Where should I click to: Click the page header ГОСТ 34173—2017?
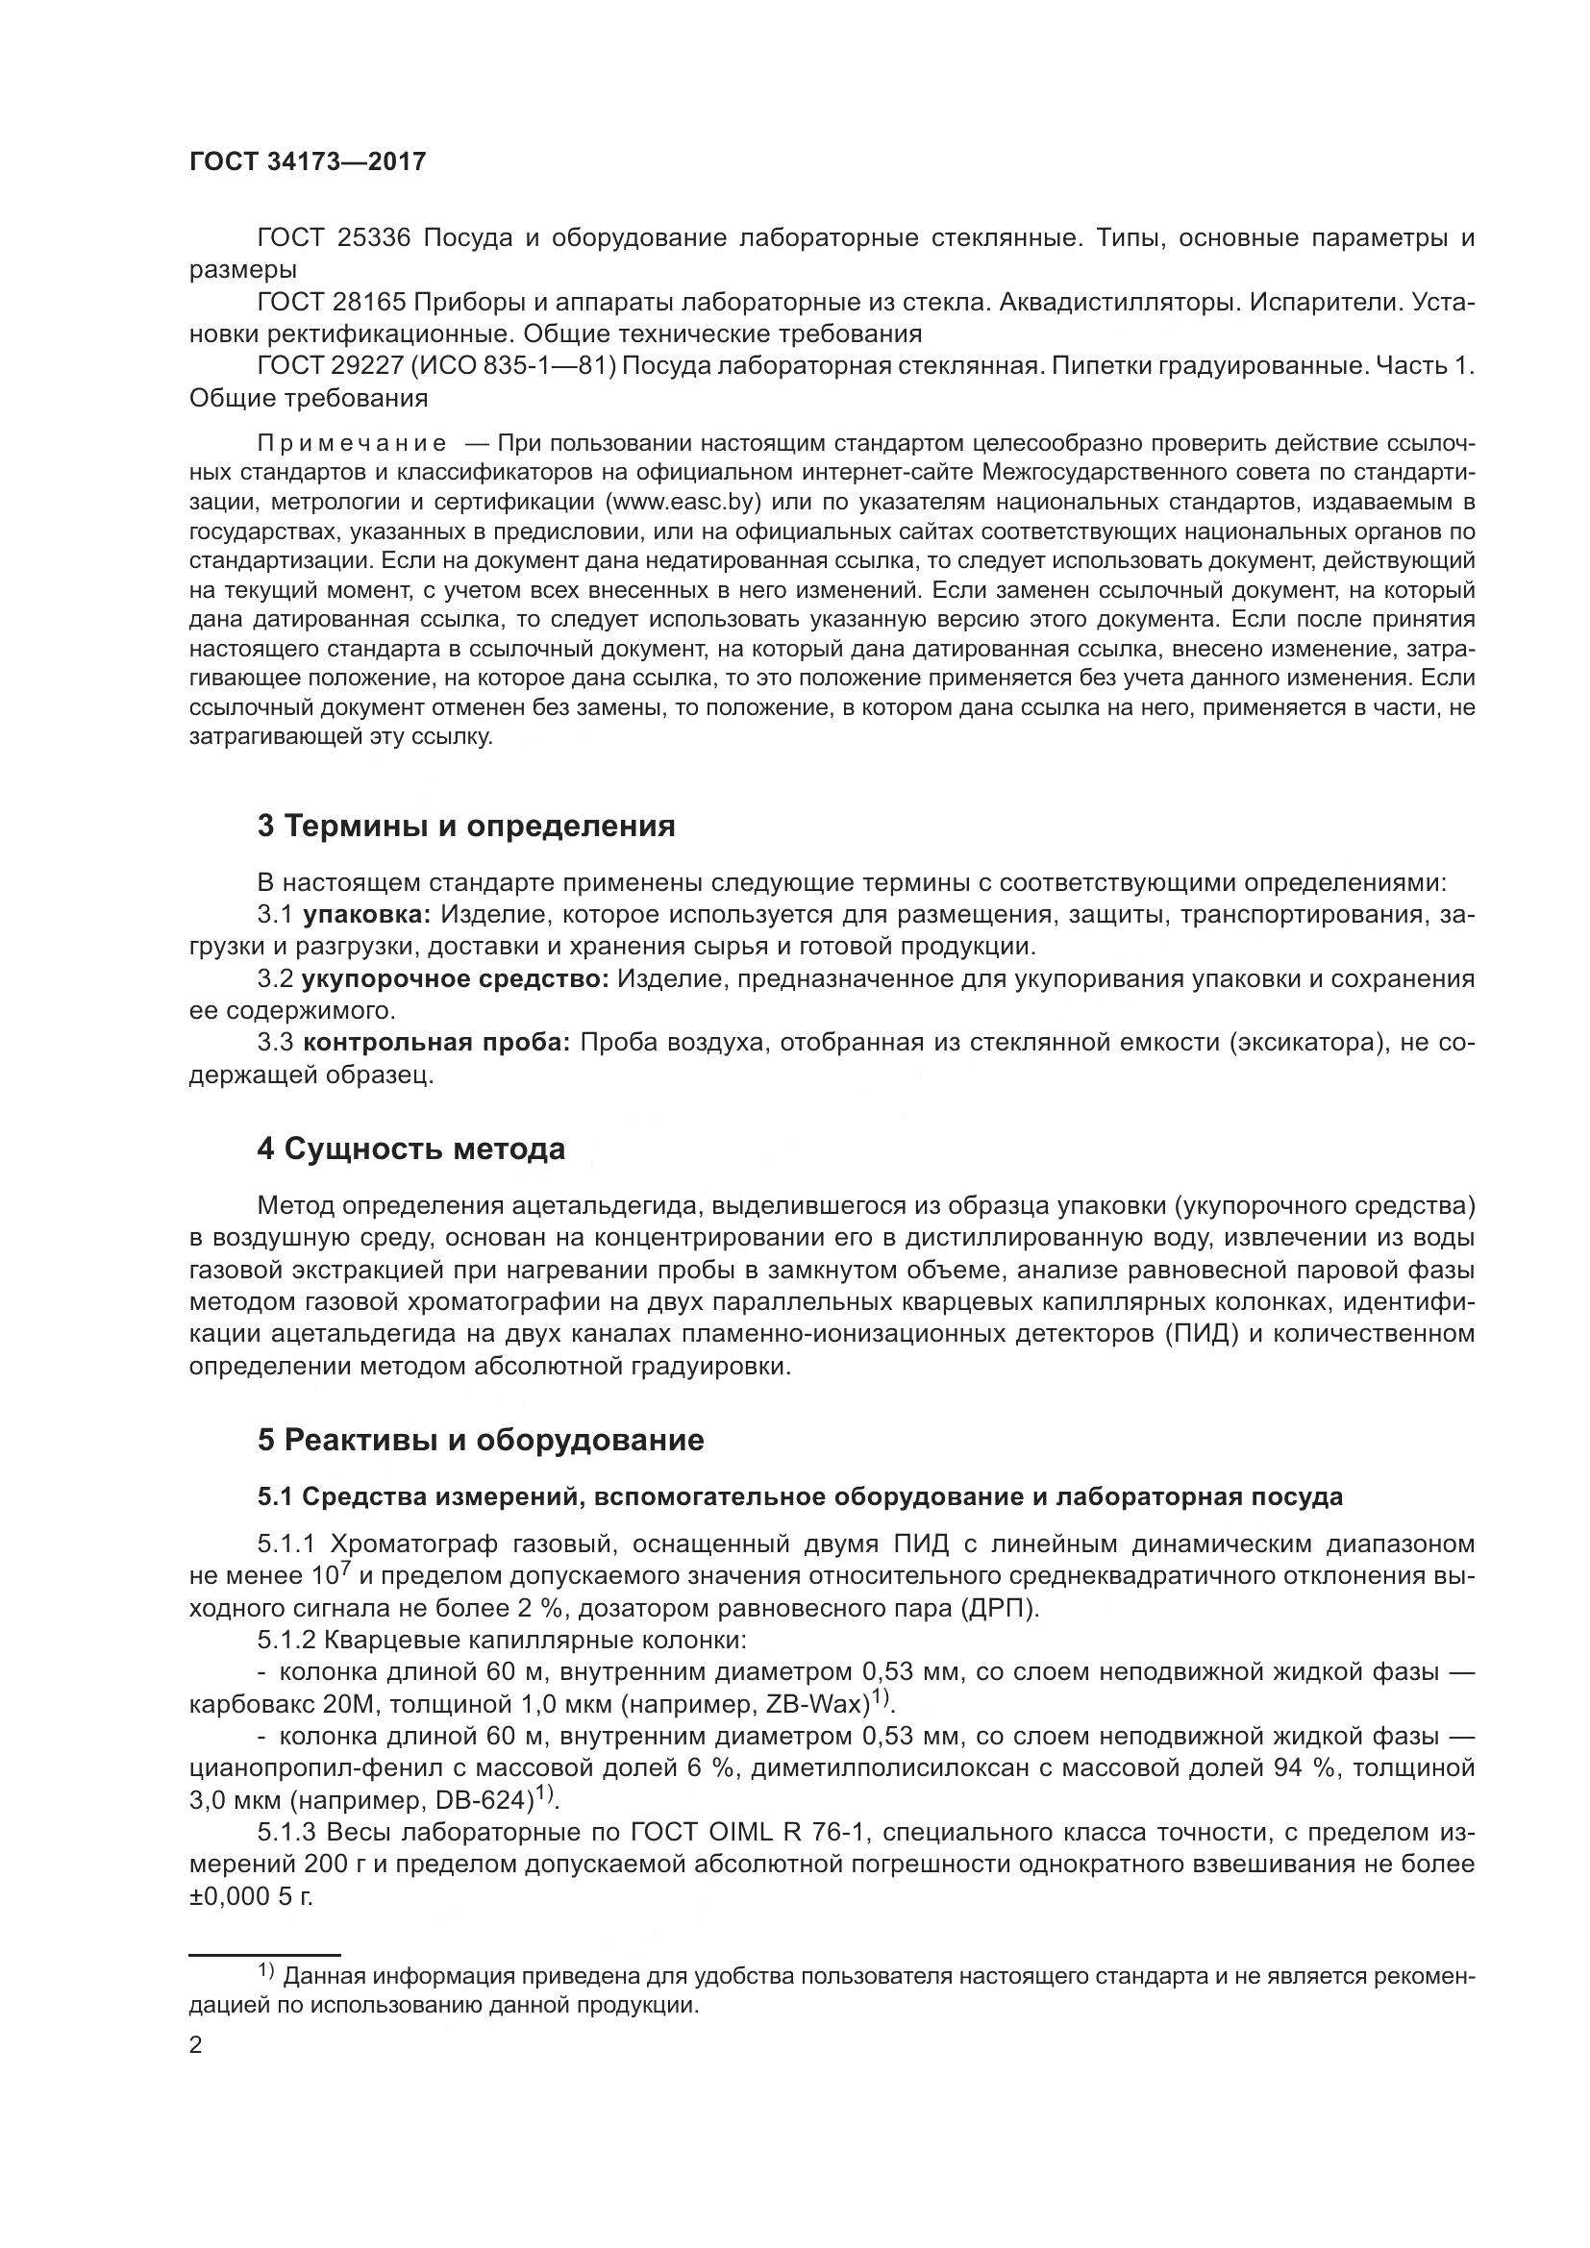(x=308, y=161)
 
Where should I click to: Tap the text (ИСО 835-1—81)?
(x=513, y=366)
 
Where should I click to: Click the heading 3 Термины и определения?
(x=466, y=826)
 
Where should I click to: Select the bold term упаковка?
(x=367, y=914)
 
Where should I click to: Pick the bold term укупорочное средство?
(x=456, y=979)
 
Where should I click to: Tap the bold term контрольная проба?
(x=436, y=1043)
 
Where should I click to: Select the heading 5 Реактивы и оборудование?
(x=481, y=1440)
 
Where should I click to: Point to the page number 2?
(x=196, y=2046)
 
